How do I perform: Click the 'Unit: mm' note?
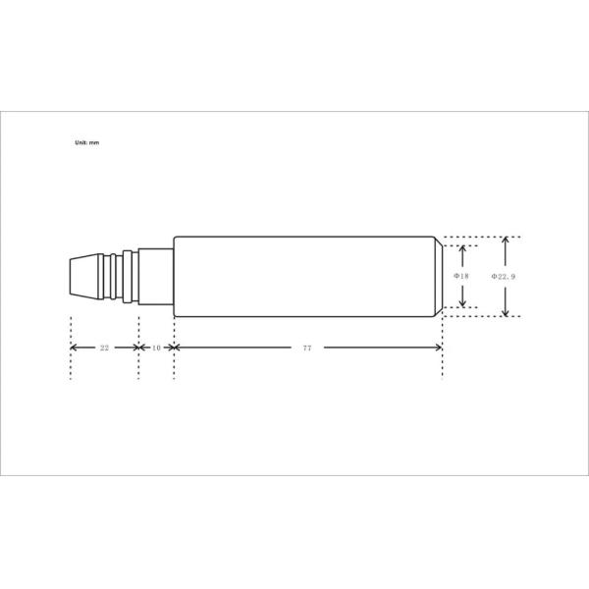coord(87,142)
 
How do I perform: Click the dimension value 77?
coord(307,348)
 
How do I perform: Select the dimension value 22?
coord(105,348)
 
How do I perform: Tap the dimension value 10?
coord(156,348)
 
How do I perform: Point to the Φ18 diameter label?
coord(461,277)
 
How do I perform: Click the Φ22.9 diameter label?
coord(504,277)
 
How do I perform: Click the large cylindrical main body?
coord(304,277)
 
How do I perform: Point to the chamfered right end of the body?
coord(438,277)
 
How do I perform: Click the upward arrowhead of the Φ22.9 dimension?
coord(506,241)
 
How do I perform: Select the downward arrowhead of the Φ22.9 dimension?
coord(506,312)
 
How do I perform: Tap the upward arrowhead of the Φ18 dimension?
coord(462,250)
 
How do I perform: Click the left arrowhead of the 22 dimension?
coord(75,348)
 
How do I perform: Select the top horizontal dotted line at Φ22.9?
coord(481,238)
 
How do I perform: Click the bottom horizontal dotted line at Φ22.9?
coord(481,317)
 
